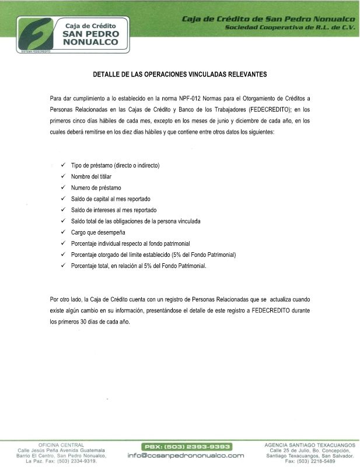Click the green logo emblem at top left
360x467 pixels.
click(34, 34)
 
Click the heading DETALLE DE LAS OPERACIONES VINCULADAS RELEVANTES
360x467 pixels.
click(180, 75)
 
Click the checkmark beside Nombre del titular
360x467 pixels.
click(63, 176)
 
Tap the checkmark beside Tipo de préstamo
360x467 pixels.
click(63, 165)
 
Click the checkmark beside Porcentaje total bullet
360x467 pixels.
click(63, 266)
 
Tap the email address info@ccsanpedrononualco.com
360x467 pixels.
click(186, 455)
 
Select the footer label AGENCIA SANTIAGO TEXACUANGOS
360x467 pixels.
click(309, 445)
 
